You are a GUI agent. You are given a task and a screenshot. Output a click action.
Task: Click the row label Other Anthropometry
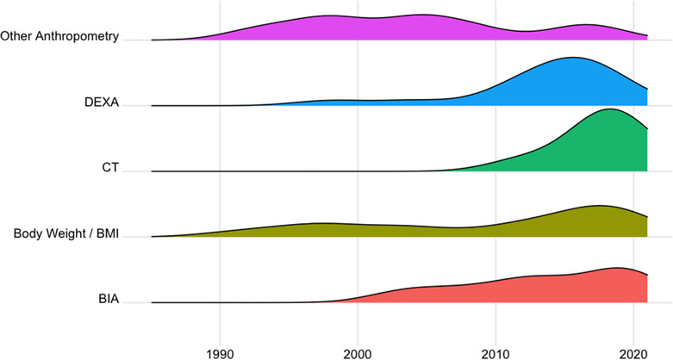pos(59,37)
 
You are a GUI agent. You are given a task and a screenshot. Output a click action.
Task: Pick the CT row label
pos(109,169)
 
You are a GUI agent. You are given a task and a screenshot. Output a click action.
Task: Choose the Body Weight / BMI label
pos(65,234)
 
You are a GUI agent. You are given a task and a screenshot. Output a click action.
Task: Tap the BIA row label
pos(108,301)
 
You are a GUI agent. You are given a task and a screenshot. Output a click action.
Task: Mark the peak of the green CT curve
pos(610,109)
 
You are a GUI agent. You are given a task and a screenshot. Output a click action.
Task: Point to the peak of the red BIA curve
pos(618,268)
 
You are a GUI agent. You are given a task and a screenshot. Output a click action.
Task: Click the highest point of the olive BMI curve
pos(599,206)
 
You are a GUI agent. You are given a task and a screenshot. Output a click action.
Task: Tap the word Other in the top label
pos(16,37)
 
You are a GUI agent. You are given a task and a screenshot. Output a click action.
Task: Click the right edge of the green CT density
pos(646,151)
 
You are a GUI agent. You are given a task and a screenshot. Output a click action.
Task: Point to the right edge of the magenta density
pos(646,37)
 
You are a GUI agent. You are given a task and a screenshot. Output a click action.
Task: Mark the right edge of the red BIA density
pos(646,289)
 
